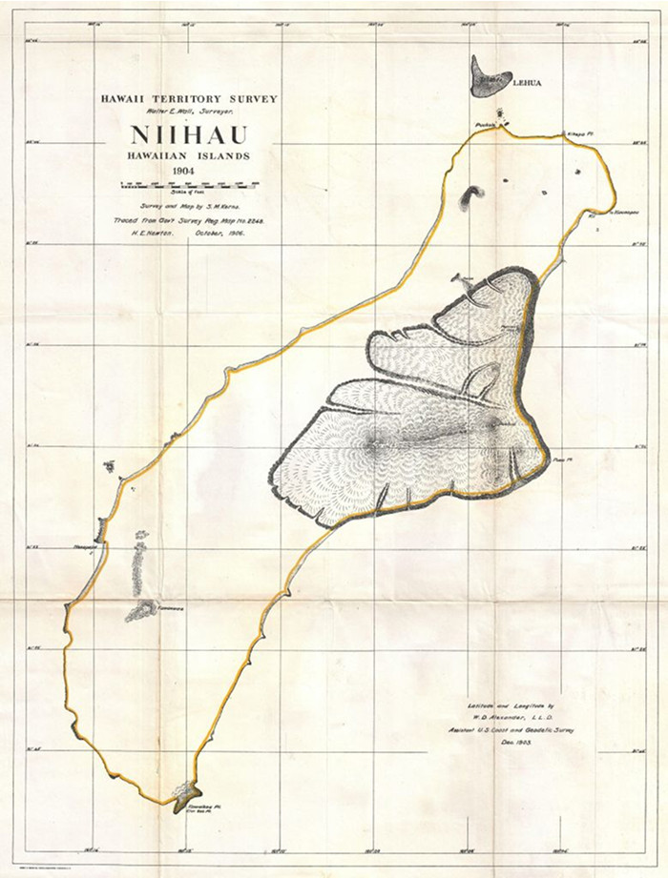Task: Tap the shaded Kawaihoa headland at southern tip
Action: coord(185,791)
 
